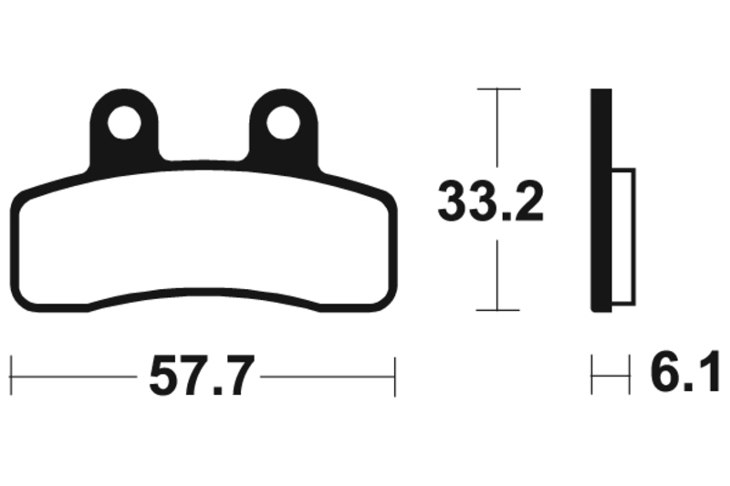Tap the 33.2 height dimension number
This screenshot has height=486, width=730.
pos(491,202)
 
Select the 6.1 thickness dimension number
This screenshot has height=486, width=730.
pos(685,374)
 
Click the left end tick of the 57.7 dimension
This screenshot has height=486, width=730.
pos(10,374)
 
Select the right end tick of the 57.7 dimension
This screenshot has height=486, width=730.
pos(394,374)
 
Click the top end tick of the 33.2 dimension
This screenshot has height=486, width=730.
pos(497,89)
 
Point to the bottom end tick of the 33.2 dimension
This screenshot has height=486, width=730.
pos(497,311)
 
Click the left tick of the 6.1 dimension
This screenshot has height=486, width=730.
pos(592,374)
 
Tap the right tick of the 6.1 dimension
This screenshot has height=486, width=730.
pos(631,374)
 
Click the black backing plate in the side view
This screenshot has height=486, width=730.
pos(600,201)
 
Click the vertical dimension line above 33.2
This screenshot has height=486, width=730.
pos(497,132)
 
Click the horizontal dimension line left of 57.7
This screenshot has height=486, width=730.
pos(73,374)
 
